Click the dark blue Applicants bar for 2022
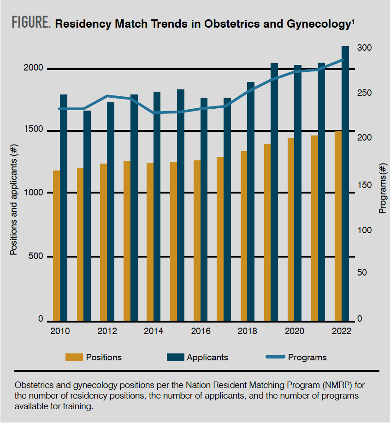(x=345, y=184)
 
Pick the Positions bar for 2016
(x=197, y=240)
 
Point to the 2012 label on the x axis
(x=107, y=331)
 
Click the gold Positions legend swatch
(x=74, y=357)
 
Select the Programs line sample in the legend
(x=276, y=357)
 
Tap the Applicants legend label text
(x=207, y=357)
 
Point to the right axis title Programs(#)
(x=382, y=189)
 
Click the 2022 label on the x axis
(x=342, y=331)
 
